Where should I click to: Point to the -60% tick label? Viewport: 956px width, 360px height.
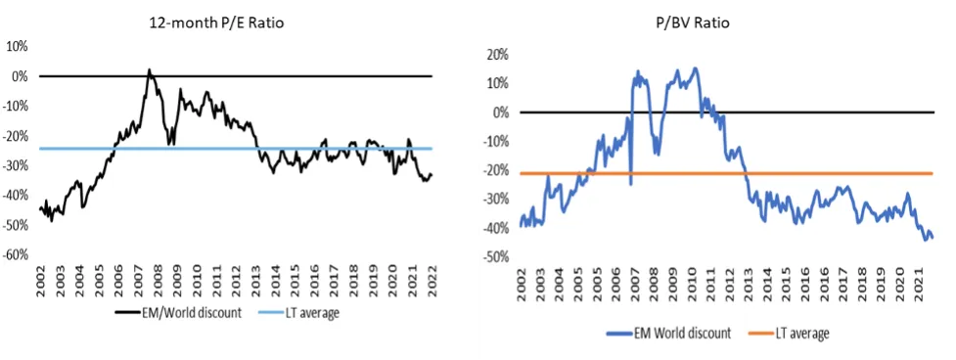click(x=17, y=254)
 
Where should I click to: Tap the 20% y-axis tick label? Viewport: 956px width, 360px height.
click(x=497, y=54)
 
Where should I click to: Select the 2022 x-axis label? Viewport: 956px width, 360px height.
click(x=432, y=284)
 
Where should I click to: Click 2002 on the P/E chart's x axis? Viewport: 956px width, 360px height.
click(x=41, y=284)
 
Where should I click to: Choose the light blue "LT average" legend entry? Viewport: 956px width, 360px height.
click(x=304, y=313)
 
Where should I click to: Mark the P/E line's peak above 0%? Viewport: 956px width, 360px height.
click(x=150, y=69)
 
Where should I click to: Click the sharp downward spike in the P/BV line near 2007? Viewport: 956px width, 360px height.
click(x=630, y=185)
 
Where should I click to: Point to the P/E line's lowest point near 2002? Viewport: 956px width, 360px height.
click(x=52, y=220)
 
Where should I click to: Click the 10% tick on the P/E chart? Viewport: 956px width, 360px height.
click(x=19, y=46)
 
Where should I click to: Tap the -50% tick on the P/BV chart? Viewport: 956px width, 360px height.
click(x=496, y=256)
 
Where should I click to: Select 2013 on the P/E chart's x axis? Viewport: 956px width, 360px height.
click(x=255, y=284)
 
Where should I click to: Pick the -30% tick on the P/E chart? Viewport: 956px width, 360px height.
click(x=17, y=165)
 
